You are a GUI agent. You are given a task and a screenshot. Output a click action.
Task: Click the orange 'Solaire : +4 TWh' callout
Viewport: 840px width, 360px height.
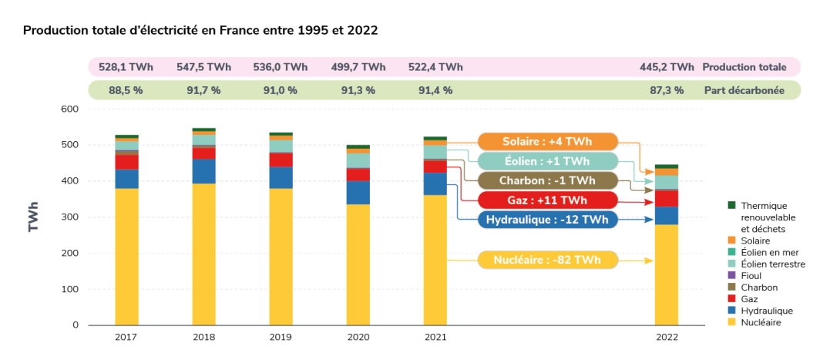[x=548, y=142]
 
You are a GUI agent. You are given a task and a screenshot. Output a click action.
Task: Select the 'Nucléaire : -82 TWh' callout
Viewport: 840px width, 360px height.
[x=548, y=261]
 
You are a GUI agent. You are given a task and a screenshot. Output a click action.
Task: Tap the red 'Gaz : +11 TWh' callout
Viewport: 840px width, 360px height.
[x=548, y=200]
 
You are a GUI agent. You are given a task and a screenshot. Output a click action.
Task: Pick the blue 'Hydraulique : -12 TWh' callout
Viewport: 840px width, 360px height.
[x=548, y=220]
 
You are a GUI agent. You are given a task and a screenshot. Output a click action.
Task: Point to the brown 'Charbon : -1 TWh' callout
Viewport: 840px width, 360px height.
[x=548, y=181]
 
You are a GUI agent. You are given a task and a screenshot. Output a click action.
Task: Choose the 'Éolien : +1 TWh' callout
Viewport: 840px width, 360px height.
[x=548, y=161]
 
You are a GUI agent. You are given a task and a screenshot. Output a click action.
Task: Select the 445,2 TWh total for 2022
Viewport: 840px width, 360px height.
[x=667, y=67]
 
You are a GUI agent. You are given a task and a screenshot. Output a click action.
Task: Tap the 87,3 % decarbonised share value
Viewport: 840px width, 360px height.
[x=667, y=90]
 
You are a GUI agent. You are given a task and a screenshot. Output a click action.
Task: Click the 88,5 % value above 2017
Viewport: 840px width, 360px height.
[x=126, y=90]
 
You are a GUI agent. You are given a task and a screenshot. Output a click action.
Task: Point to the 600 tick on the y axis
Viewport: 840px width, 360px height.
[x=70, y=109]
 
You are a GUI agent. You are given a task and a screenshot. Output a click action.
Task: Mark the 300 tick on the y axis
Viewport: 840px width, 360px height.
[x=70, y=217]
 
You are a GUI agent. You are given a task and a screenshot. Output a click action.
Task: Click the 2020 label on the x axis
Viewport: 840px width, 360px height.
[x=358, y=338]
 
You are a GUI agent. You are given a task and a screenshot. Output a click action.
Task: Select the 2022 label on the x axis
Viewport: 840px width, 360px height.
[x=667, y=338]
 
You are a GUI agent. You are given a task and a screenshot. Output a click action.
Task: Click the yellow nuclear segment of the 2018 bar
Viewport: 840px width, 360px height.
[x=203, y=254]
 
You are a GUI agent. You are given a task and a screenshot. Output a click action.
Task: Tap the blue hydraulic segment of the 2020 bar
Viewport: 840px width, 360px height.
[x=358, y=193]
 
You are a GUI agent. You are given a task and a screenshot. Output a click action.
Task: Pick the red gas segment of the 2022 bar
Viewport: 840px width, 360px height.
[x=667, y=199]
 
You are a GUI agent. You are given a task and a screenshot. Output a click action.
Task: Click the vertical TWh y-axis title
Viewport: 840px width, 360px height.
[x=33, y=217]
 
